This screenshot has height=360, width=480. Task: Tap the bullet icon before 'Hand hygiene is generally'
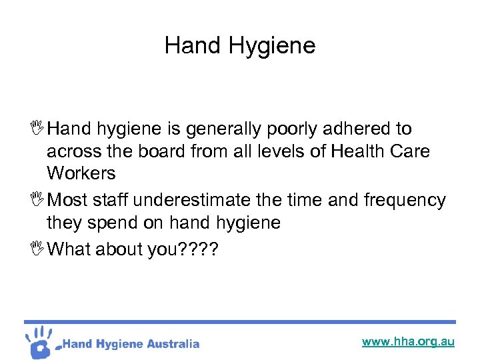click(38, 127)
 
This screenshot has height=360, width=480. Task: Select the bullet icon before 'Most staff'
click(38, 199)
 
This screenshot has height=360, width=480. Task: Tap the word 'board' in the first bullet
click(157, 151)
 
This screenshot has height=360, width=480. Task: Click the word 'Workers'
click(81, 173)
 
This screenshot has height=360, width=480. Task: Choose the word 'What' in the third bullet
click(70, 249)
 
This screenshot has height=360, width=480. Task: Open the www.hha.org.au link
click(408, 342)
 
